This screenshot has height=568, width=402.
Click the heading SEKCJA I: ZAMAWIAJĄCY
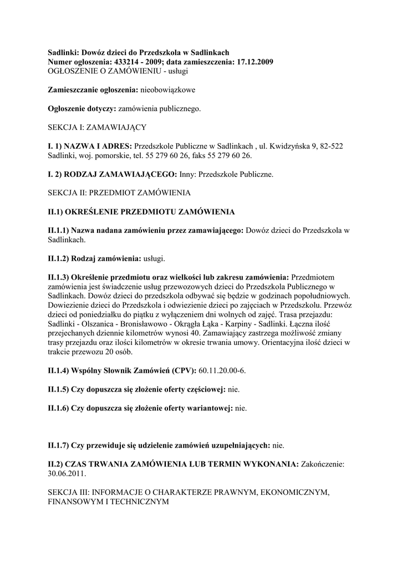click(x=97, y=128)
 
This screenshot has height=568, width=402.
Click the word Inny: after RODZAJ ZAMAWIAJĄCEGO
click(x=189, y=175)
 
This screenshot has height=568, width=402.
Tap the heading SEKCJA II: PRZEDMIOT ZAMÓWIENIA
click(x=119, y=193)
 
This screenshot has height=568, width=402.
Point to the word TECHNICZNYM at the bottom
click(x=140, y=501)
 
